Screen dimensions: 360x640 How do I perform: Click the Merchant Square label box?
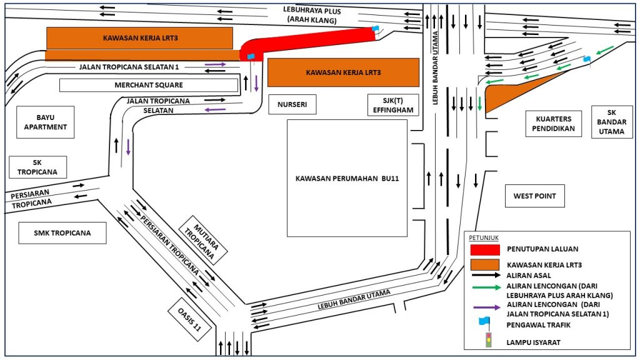[149, 85]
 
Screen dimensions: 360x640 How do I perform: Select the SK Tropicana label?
[37, 167]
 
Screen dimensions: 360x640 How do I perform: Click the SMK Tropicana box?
[62, 233]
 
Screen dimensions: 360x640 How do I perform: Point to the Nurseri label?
[292, 104]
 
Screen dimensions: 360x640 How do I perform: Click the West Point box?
[534, 196]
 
